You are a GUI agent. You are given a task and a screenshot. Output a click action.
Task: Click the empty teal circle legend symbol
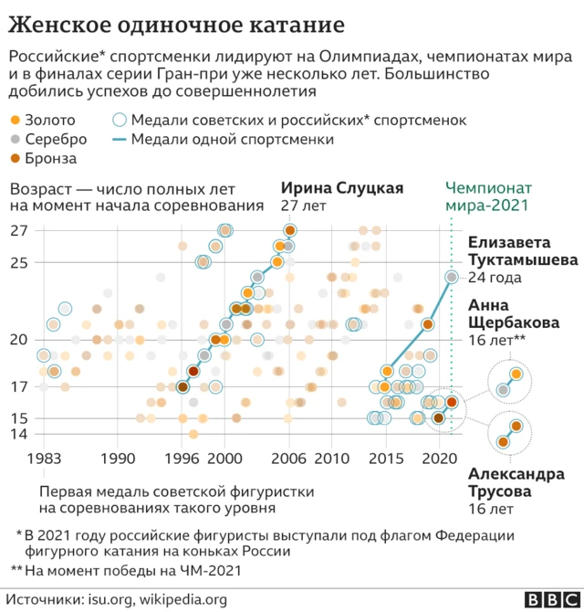[x=119, y=121]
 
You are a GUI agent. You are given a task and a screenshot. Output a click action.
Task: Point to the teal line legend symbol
[x=119, y=140]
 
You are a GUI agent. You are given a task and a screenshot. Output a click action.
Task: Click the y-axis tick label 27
[x=18, y=231]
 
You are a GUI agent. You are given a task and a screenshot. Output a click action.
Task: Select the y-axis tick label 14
[x=18, y=434]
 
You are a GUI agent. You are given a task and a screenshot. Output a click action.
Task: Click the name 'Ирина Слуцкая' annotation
[x=341, y=189]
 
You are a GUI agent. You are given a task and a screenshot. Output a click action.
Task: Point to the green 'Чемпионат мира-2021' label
[x=487, y=198]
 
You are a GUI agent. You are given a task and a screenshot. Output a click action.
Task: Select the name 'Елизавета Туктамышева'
[x=523, y=251]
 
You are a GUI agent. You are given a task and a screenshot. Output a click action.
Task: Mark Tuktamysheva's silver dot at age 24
[x=451, y=277]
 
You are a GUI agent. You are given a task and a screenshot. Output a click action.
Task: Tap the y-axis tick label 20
[x=18, y=340]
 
